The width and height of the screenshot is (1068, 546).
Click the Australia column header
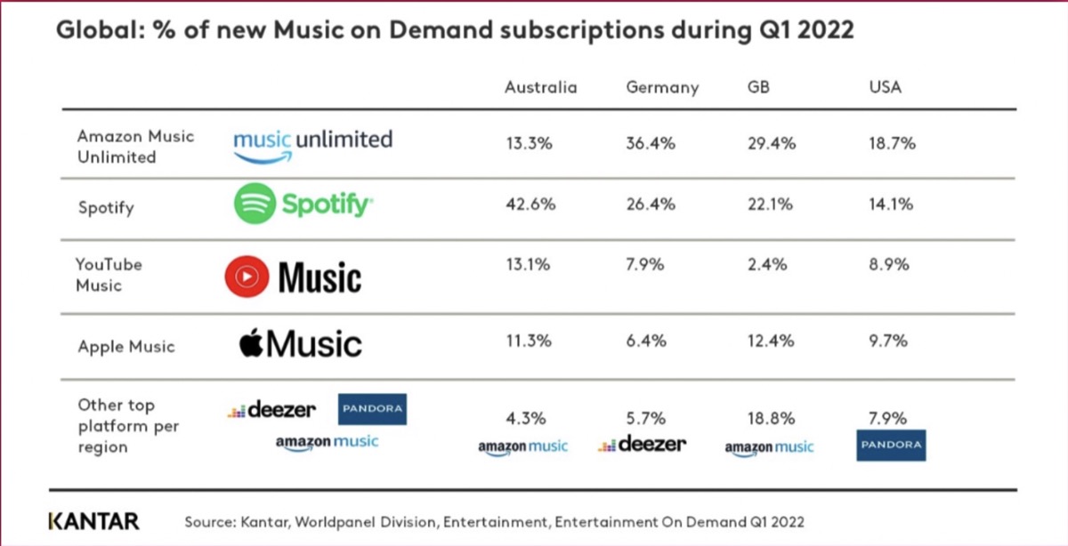tap(540, 87)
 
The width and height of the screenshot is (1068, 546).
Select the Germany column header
tap(662, 87)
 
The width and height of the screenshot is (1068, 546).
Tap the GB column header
tap(758, 87)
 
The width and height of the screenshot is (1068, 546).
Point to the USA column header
tap(885, 87)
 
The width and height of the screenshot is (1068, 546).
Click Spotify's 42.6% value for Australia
tap(530, 204)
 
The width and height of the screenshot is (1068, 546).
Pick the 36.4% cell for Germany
tap(651, 143)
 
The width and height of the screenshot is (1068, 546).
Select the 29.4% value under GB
tap(771, 143)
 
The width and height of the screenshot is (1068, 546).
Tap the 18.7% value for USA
tap(893, 143)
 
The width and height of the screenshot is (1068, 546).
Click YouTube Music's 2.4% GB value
tap(767, 264)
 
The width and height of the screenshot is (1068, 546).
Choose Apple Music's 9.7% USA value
tap(889, 341)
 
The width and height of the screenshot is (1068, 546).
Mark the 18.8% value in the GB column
tap(771, 418)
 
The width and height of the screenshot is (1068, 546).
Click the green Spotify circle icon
tap(255, 205)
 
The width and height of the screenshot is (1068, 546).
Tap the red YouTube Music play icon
tap(246, 277)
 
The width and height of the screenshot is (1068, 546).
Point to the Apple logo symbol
tap(251, 341)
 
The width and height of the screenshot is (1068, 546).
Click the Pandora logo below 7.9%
tap(891, 445)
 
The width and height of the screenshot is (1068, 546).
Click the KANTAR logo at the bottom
tap(93, 520)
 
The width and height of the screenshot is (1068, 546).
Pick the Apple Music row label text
tap(125, 347)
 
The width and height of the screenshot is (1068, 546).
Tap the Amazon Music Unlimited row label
tap(135, 147)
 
